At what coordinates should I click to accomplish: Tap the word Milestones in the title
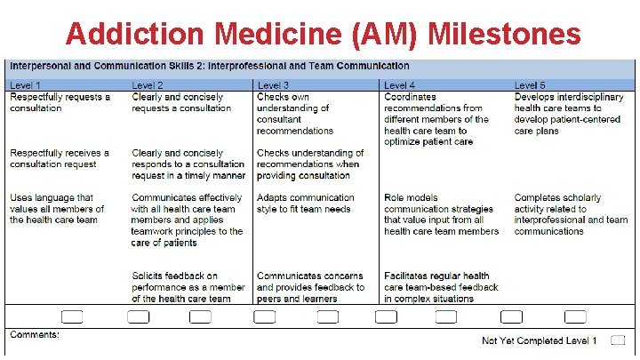click(505, 35)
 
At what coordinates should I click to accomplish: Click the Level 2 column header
click(149, 85)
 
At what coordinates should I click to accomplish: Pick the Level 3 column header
click(274, 85)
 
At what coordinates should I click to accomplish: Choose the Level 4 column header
click(401, 85)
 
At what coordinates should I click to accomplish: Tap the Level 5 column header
click(531, 85)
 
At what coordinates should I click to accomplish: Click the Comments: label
click(35, 335)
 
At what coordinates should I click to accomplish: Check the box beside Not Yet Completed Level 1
click(619, 340)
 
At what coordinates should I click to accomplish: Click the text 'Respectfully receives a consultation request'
click(59, 158)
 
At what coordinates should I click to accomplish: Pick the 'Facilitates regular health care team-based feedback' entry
click(441, 287)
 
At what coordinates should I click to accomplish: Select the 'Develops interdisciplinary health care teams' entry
click(569, 114)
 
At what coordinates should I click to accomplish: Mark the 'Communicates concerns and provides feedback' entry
click(310, 287)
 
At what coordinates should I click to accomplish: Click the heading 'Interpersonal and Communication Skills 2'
click(209, 66)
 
